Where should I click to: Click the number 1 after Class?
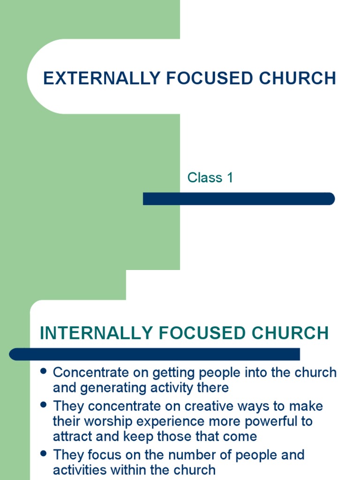point(229,178)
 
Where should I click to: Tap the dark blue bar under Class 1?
point(239,199)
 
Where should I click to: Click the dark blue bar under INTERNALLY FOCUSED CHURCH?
point(155,354)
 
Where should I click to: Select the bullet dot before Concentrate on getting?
point(44,371)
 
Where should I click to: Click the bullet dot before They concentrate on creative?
point(44,404)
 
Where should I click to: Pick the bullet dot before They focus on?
point(44,453)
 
